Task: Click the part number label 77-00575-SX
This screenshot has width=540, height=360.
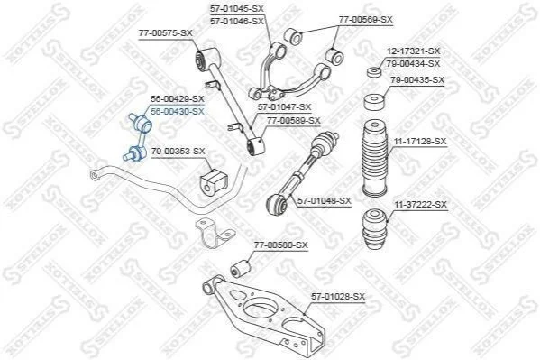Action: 166,33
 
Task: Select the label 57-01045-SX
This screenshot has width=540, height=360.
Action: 237,9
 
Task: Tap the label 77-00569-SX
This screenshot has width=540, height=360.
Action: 365,20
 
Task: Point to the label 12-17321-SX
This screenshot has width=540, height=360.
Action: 413,51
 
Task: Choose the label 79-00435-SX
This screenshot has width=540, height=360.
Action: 417,80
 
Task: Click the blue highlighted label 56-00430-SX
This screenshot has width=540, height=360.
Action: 178,111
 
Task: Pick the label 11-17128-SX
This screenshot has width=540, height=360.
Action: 420,141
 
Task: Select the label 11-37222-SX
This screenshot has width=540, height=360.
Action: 420,205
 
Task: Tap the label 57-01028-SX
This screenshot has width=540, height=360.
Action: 338,296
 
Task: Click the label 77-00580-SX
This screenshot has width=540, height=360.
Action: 281,245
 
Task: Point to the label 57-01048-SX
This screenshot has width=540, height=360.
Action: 324,200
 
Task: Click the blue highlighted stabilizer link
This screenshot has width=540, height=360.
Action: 137,137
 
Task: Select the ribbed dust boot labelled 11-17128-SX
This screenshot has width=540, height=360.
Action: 375,158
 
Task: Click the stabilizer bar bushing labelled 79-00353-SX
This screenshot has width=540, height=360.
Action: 214,181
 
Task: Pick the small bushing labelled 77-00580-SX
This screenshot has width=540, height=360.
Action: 241,268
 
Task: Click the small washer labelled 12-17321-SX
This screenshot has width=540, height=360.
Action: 373,72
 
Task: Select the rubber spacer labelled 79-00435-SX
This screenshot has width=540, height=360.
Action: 374,102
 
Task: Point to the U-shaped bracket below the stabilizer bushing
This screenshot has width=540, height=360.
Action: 214,234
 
